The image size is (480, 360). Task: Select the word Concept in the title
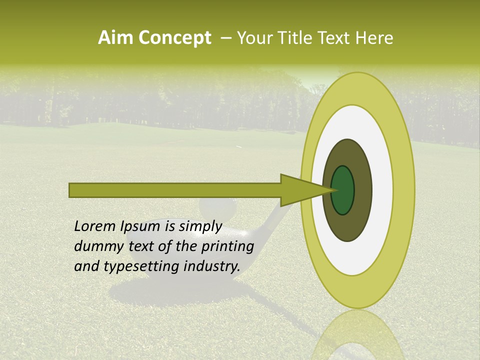coord(174,37)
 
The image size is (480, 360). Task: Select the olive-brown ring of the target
coord(362,190)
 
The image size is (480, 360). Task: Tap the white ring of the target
coord(382,190)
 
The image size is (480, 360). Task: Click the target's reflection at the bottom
coord(357,337)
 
